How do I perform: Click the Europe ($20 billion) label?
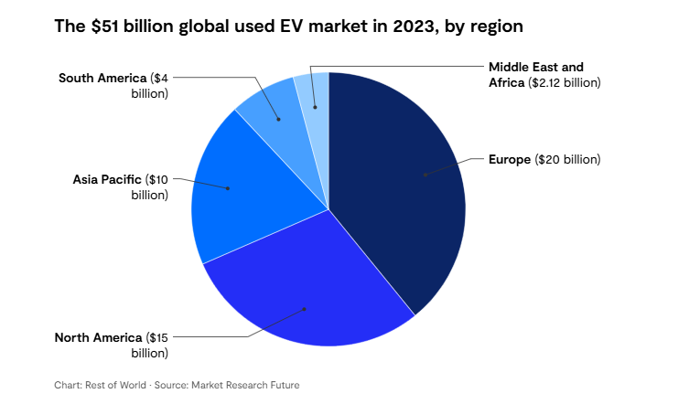point(544,160)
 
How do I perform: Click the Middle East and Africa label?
point(544,74)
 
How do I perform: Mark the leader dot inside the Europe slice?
point(425,175)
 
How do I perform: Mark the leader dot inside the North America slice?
point(305,311)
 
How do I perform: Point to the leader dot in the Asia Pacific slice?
point(229,188)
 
